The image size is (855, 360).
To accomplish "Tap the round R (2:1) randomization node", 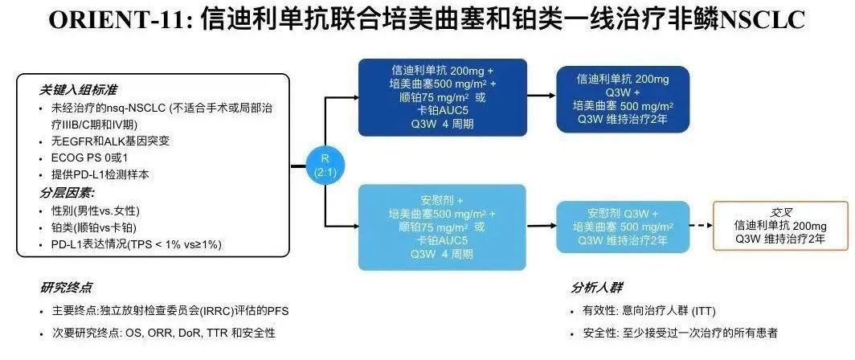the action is pos(325,166).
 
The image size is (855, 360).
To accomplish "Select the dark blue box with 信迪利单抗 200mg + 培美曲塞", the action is pos(442,97).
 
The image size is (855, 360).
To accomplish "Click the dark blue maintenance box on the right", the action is pos(623,99).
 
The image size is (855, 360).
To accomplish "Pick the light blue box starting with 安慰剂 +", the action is pos(442,227).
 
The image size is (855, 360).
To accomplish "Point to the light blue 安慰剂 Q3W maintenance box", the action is pos(623,227).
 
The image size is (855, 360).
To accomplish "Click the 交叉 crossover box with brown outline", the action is pos(780,226).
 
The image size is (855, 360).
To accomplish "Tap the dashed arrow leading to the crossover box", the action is pos(702,226).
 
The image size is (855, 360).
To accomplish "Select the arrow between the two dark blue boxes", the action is pos(542,96).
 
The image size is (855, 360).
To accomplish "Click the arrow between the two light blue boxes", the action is pos(542,225).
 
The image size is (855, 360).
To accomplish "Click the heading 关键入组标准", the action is pos(78,90).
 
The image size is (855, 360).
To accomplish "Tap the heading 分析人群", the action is pos(596,288).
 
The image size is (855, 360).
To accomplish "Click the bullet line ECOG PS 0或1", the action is pos(92,158).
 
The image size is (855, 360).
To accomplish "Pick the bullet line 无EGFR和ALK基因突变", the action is pos(111,141).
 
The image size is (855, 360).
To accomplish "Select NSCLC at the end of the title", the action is pos(763,21).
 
